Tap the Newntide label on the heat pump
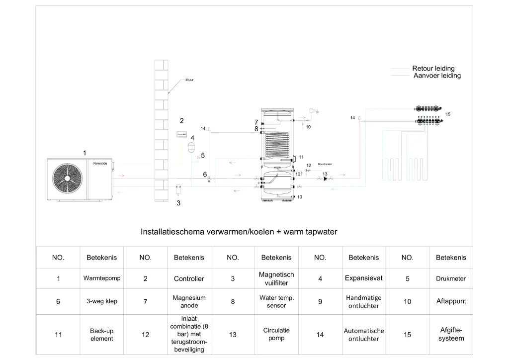[x=100, y=163]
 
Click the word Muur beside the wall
[x=189, y=80]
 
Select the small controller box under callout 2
[x=182, y=134]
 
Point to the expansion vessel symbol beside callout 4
[x=190, y=146]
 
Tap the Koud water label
[x=325, y=164]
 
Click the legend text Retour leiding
[x=433, y=69]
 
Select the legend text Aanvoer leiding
[x=437, y=76]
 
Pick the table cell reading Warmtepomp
[x=102, y=278]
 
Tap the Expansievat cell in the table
[x=363, y=278]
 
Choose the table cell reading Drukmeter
[x=451, y=278]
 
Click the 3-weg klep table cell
[x=102, y=301]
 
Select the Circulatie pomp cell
[x=276, y=334]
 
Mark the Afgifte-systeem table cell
[x=451, y=334]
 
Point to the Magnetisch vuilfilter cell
[x=276, y=278]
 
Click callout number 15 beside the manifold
[x=448, y=114]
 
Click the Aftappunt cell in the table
[x=451, y=301]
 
